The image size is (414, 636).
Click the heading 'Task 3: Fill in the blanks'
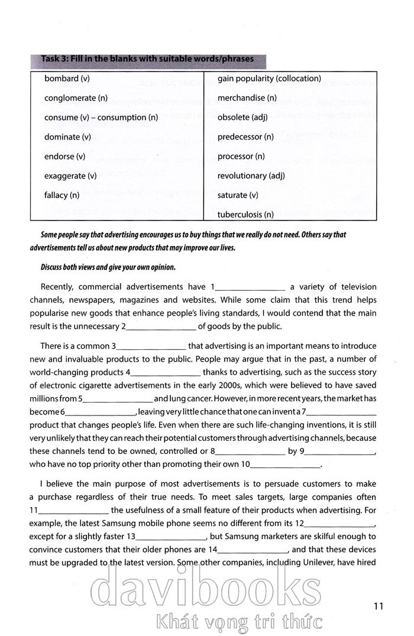click(147, 59)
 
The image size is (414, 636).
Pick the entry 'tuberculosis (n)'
click(245, 214)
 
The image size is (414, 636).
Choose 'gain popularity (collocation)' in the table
click(269, 79)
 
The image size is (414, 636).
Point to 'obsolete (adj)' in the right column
click(242, 118)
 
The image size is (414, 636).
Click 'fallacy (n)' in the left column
click(62, 195)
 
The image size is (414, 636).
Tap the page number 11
click(379, 605)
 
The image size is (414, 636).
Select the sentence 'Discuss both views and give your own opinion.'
click(108, 267)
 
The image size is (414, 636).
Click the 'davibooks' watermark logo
click(206, 589)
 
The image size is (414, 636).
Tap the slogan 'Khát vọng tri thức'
click(237, 622)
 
